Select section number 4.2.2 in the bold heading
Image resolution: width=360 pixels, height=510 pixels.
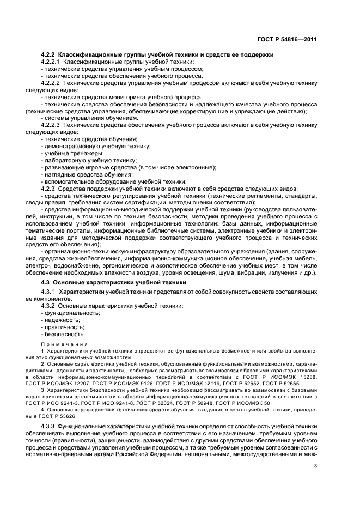click(x=49, y=56)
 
